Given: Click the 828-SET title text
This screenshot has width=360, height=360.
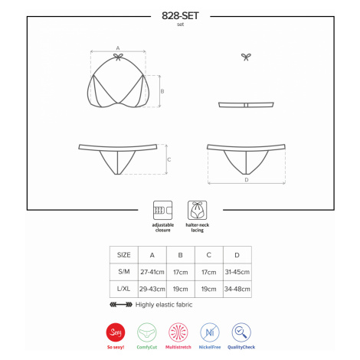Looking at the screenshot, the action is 180,16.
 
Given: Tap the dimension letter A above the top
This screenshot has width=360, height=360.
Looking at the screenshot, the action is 118,48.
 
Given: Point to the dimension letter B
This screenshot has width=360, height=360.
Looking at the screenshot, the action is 162,91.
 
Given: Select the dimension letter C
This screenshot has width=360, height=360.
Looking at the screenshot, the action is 169,159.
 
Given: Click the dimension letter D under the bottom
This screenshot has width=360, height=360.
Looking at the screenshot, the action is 247,180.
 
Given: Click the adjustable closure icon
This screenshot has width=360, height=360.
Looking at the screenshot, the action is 162,210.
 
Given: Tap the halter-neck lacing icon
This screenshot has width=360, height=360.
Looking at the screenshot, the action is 197,210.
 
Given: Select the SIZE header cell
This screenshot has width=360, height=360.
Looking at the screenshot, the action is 124,255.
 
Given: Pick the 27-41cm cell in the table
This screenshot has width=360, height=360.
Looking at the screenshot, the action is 152,272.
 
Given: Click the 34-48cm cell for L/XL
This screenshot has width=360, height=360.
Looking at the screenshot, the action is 237,289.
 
